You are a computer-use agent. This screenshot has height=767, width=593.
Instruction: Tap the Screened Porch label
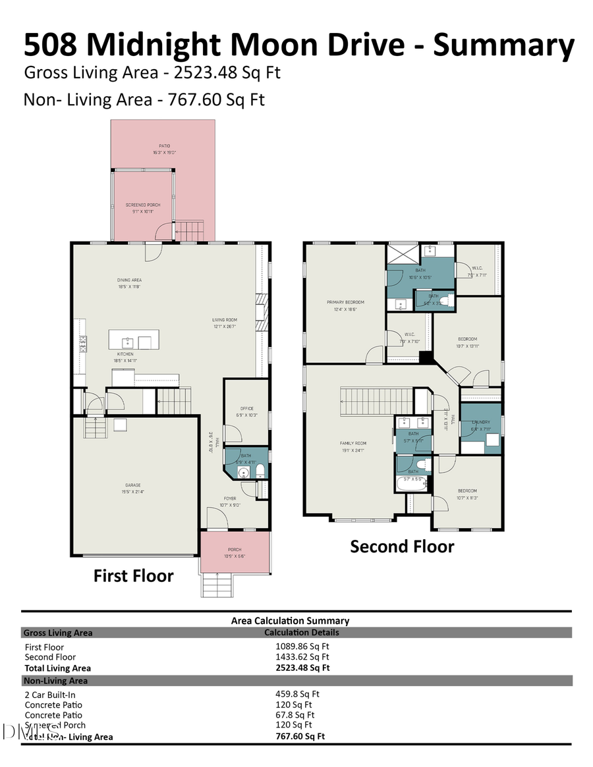pos(143,205)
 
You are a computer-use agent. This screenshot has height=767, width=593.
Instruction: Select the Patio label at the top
pos(163,146)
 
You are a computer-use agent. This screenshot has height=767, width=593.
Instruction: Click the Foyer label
pos(229,498)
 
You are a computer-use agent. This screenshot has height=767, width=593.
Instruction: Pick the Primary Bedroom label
pos(345,302)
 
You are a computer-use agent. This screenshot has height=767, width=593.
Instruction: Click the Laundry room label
pos(480,422)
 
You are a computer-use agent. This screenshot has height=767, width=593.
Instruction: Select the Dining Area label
pos(130,279)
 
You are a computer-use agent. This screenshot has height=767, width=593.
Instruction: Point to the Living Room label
pos(224,320)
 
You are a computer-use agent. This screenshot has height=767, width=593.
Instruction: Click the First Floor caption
pos(133,576)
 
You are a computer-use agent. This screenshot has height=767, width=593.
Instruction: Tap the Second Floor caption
pos(402,546)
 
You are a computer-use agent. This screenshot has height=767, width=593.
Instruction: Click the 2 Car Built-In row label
pos(55,695)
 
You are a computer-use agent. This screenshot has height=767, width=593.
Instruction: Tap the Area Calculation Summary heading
pos(290,620)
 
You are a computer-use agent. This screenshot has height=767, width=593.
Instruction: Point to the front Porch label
pos(235,550)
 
